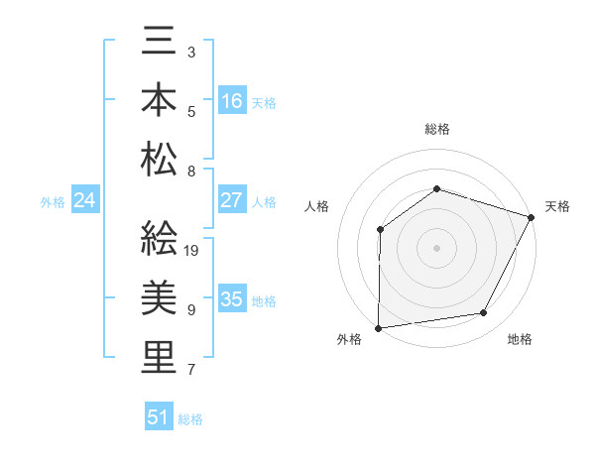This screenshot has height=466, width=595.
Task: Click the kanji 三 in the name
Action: click(x=159, y=48)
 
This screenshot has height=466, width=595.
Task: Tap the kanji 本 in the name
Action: click(x=159, y=103)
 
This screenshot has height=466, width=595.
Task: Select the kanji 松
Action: click(x=159, y=159)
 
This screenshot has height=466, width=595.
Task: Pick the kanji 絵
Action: click(x=159, y=240)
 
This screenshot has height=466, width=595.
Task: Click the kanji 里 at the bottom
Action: click(x=159, y=357)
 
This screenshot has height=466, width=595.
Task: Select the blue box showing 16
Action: click(x=232, y=100)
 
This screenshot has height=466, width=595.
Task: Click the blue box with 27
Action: click(x=232, y=200)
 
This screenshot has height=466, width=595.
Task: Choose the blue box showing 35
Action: click(x=232, y=299)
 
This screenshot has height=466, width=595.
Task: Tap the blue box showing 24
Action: click(x=84, y=201)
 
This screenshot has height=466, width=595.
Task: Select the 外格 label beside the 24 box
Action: click(x=53, y=202)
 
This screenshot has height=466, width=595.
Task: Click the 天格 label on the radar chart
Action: click(x=557, y=206)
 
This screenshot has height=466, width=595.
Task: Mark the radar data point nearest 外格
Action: click(x=378, y=328)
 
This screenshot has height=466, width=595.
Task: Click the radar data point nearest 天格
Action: click(x=532, y=217)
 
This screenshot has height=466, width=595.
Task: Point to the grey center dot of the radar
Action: click(x=436, y=248)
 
